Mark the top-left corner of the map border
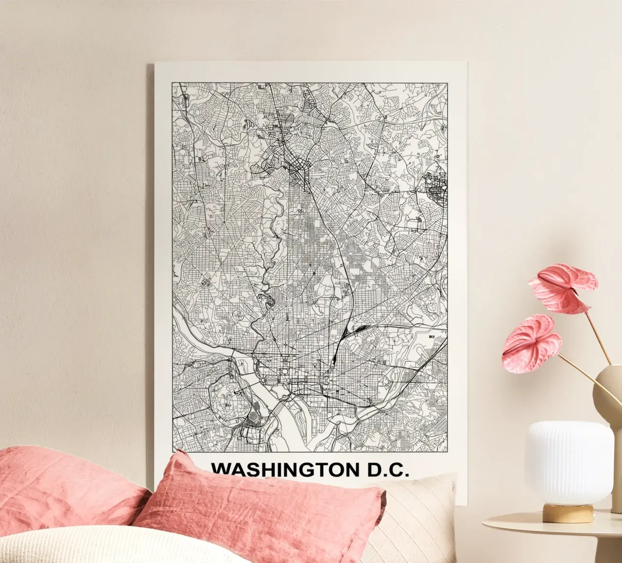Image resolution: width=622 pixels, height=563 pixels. click(173, 83)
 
